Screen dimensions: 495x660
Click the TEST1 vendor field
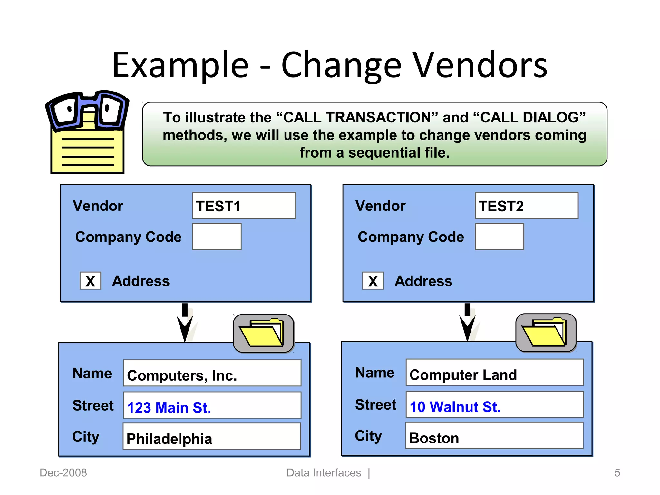point(244,206)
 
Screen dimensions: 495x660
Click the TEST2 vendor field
point(526,206)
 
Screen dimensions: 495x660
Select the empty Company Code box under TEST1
point(217,237)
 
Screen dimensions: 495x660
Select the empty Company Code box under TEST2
point(499,237)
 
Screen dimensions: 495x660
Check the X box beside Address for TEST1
point(90,281)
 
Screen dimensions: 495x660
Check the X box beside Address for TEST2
point(373,281)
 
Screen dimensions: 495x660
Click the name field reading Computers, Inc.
point(212,373)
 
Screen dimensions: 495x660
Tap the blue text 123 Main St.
point(169,407)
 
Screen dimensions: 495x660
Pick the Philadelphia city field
point(212,436)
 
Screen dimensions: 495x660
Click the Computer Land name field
point(494,373)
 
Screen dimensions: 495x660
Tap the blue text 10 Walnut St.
point(455,407)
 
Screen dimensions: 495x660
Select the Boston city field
point(494,436)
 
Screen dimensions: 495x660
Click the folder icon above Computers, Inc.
point(263,333)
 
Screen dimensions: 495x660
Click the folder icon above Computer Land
point(546,333)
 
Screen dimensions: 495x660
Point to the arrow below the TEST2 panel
point(467,323)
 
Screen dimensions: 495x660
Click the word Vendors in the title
point(480,65)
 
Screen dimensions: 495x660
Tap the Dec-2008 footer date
point(63,473)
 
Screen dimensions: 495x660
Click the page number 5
point(617,473)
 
